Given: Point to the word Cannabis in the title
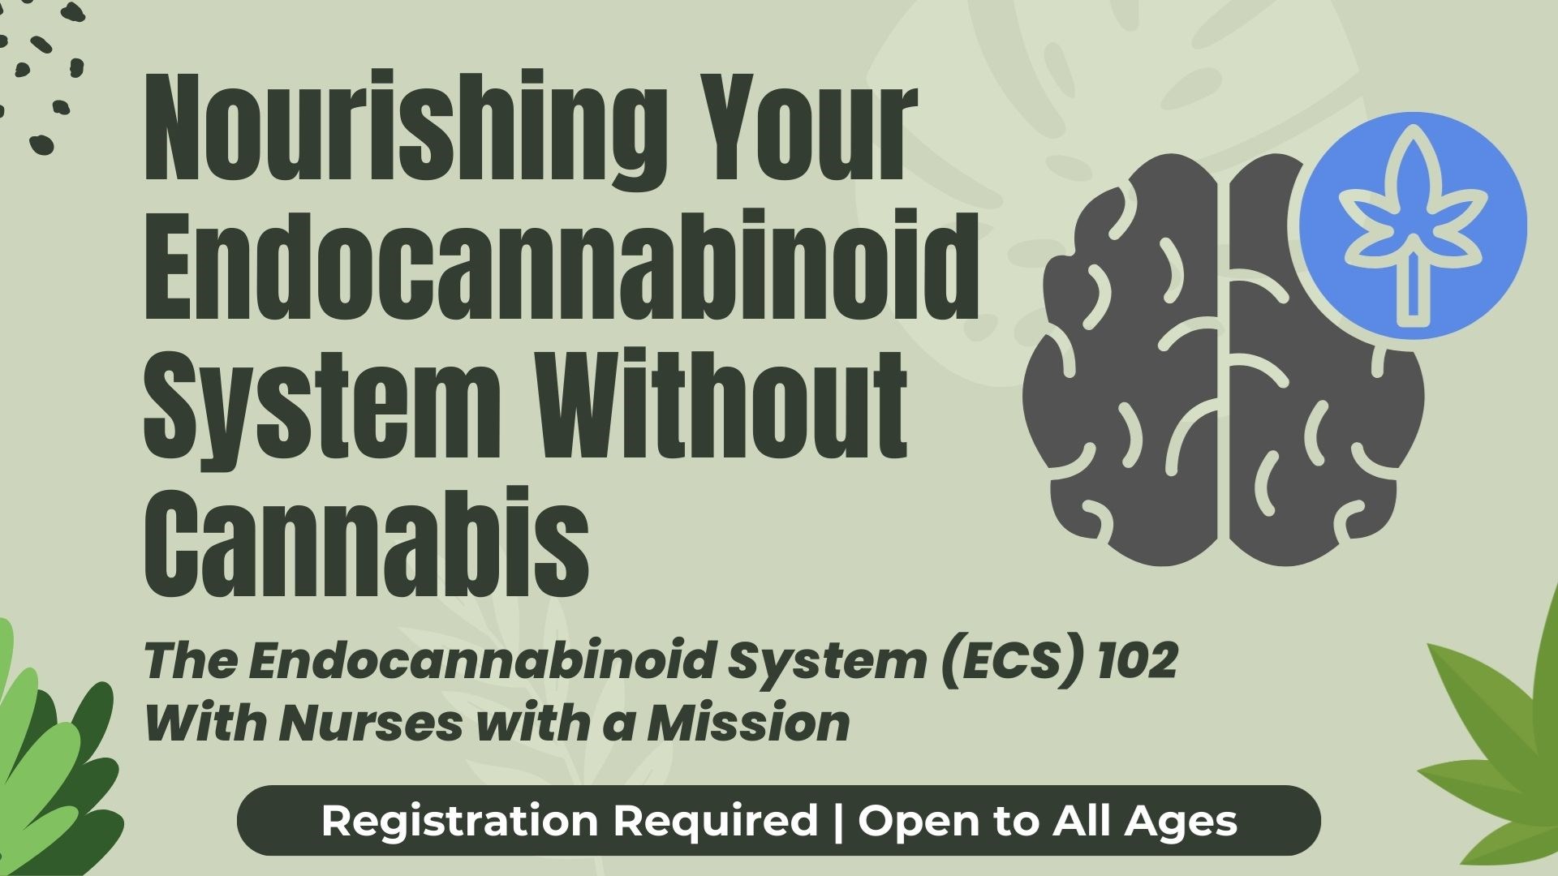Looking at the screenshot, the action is pos(367,542).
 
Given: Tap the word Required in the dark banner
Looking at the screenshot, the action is pos(715,822).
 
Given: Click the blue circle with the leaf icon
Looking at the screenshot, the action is pos(1413,225).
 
